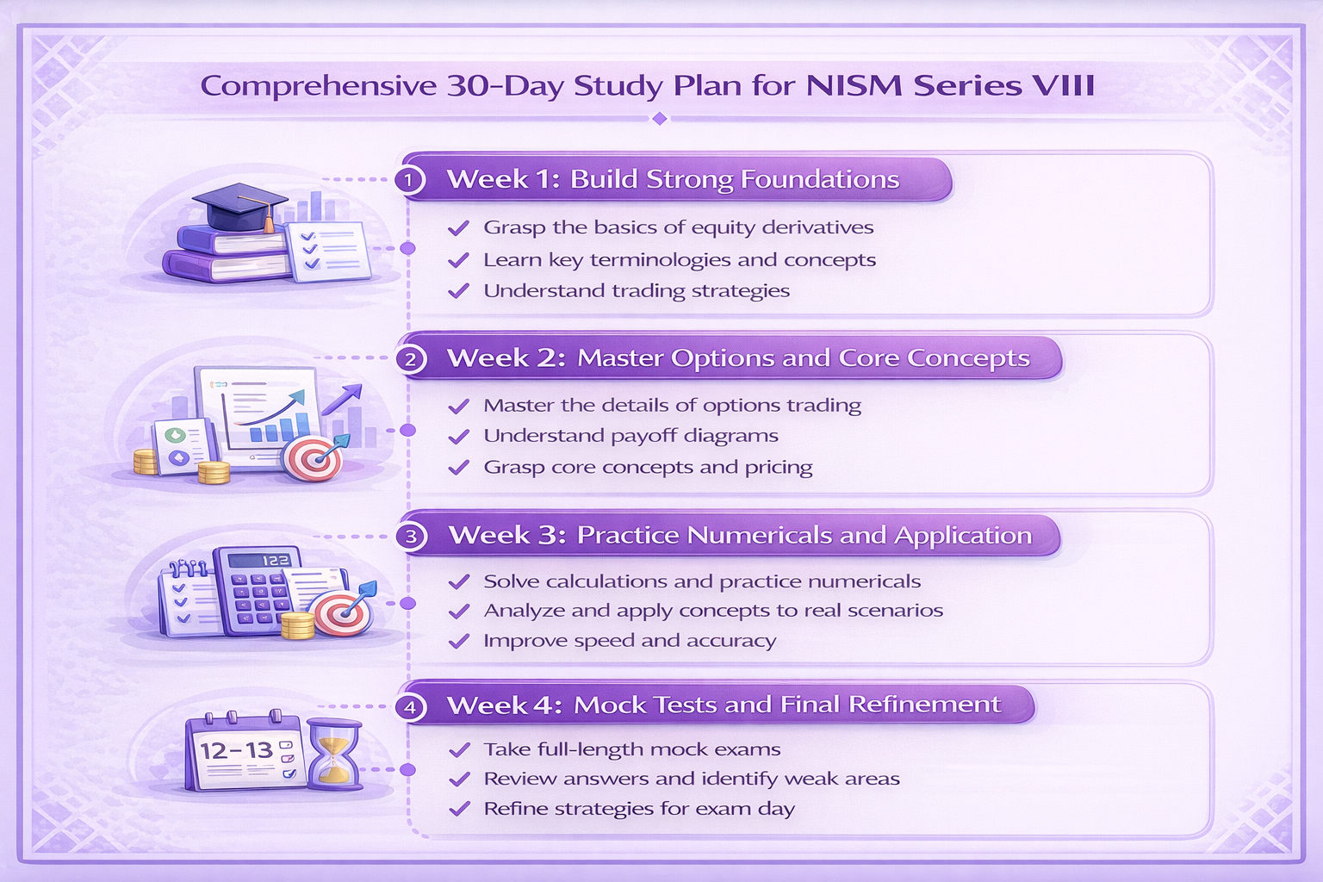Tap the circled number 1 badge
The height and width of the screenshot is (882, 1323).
tap(410, 180)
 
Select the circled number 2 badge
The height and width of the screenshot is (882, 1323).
tap(410, 358)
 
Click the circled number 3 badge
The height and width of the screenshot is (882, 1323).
tap(411, 536)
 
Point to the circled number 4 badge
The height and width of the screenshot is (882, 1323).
tap(410, 707)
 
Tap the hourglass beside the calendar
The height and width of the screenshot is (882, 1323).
tap(334, 754)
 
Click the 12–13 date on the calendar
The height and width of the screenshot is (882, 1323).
tap(236, 750)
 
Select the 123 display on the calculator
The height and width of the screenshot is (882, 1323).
tap(276, 560)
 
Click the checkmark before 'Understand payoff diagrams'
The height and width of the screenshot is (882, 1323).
tap(459, 437)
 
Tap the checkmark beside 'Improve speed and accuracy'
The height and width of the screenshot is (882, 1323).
tap(459, 641)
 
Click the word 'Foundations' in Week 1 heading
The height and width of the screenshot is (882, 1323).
tap(819, 179)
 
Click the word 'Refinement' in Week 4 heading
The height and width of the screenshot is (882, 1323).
tap(924, 705)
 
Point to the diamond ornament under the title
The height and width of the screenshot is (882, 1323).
tap(660, 118)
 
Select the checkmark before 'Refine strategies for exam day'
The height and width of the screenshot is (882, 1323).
tap(459, 809)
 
